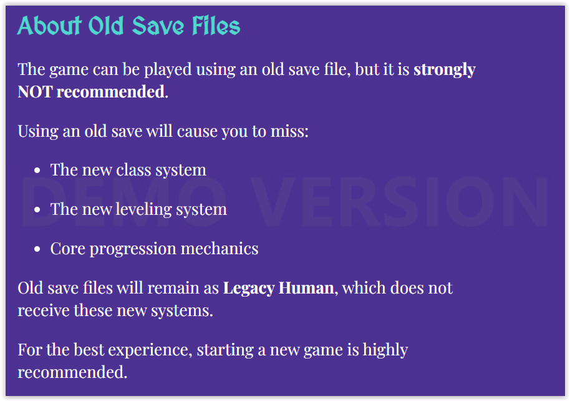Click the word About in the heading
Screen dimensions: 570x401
coord(49,26)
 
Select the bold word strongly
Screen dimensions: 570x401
coord(445,69)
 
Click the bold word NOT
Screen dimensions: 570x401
coord(36,91)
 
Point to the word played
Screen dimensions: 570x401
coord(168,69)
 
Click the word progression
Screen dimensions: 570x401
coord(133,249)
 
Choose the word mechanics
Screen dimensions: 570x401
coord(220,249)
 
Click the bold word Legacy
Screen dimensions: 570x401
coord(249,288)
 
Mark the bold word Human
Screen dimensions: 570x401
coord(306,288)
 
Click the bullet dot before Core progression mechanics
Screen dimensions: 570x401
coord(37,249)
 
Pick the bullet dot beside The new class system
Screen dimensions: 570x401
coord(37,171)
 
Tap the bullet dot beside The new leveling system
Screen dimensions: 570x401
coord(37,210)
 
